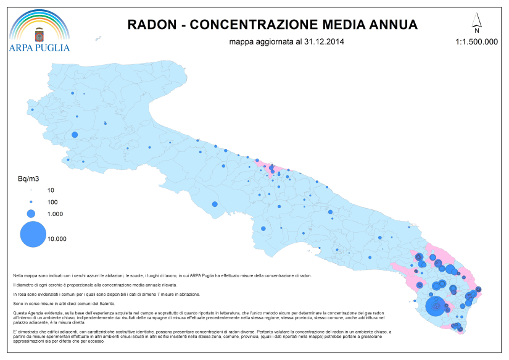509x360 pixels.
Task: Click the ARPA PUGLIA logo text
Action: tap(39, 48)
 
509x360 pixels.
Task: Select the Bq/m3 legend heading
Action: tap(27, 179)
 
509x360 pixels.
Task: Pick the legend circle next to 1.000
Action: tap(31, 214)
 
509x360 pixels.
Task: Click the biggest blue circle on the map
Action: tap(436, 305)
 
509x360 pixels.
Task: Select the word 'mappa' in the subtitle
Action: tap(239, 43)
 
